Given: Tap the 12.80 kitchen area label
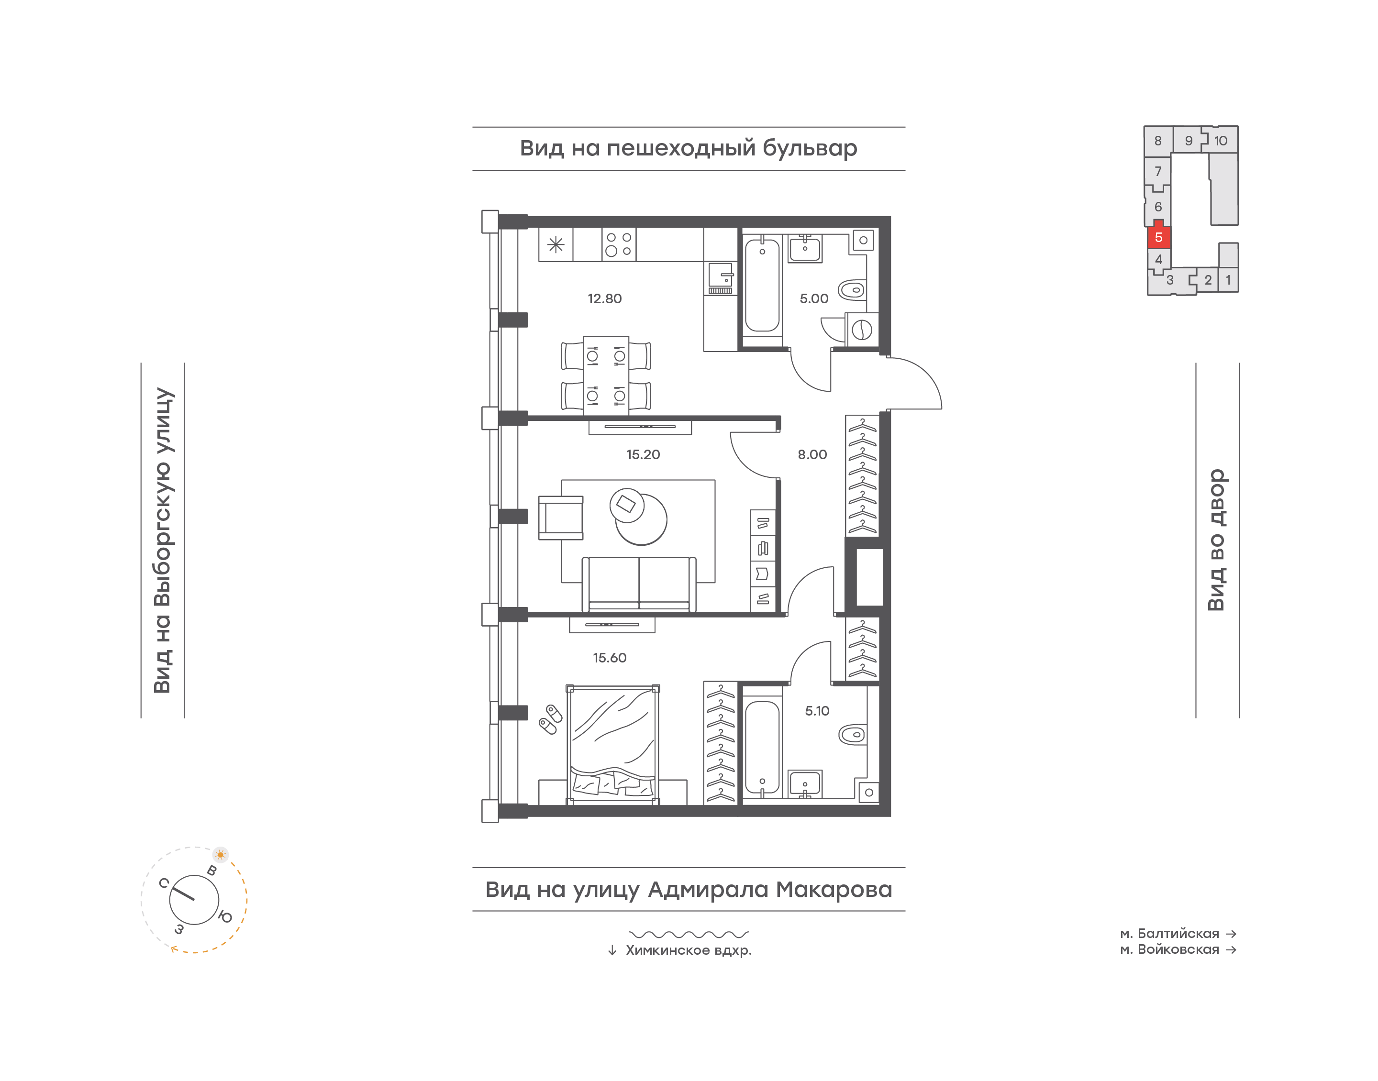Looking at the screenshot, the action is [x=604, y=299].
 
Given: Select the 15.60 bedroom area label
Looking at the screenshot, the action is [x=610, y=658].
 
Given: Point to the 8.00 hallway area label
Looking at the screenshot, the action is [x=812, y=454].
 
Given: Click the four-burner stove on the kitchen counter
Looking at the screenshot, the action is [x=618, y=244].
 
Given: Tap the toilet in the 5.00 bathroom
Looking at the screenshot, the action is [x=852, y=290].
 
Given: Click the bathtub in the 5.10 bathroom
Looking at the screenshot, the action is [x=762, y=748].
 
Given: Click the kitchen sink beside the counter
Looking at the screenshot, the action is [x=720, y=278].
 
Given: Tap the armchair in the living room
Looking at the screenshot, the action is [x=560, y=518].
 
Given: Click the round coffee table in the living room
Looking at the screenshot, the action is [x=641, y=518].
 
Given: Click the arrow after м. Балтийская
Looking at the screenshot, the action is [x=1231, y=934].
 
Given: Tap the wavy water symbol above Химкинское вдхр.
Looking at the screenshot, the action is [x=689, y=934].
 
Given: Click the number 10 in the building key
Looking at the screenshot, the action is [x=1221, y=141].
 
